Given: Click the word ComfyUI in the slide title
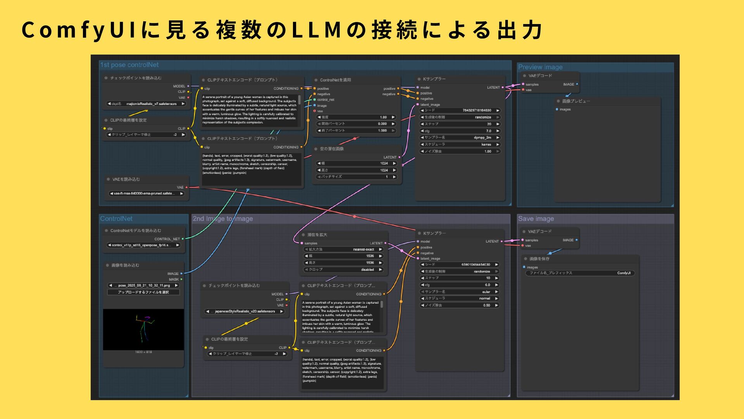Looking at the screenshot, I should coord(78,30).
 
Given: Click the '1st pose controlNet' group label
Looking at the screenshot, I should coord(129,65).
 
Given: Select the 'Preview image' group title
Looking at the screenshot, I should coord(540,67).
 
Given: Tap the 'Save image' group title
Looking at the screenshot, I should coord(536,219).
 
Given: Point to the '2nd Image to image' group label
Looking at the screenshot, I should coord(223,219).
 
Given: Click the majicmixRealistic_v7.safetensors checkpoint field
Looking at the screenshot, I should coord(146,104).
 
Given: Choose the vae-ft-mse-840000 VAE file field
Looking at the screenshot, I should coord(146,194).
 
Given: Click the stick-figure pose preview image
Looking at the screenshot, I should coord(143,329).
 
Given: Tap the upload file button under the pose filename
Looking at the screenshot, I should coord(143,292).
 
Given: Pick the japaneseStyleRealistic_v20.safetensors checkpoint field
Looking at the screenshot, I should coord(245,311).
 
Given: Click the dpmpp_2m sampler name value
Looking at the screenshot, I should coord(460,138).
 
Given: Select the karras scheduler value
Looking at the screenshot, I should coord(460,144).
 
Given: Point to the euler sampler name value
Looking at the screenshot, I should coord(460,292).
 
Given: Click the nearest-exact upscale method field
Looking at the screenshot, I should coord(343,249).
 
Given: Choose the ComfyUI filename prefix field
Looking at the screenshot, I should coord(580,273).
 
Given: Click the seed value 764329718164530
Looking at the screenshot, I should coord(460,111).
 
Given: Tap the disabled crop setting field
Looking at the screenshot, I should coord(343,270).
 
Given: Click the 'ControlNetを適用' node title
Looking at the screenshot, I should coord(336,80).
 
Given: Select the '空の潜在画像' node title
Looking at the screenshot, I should coord(332,149).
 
